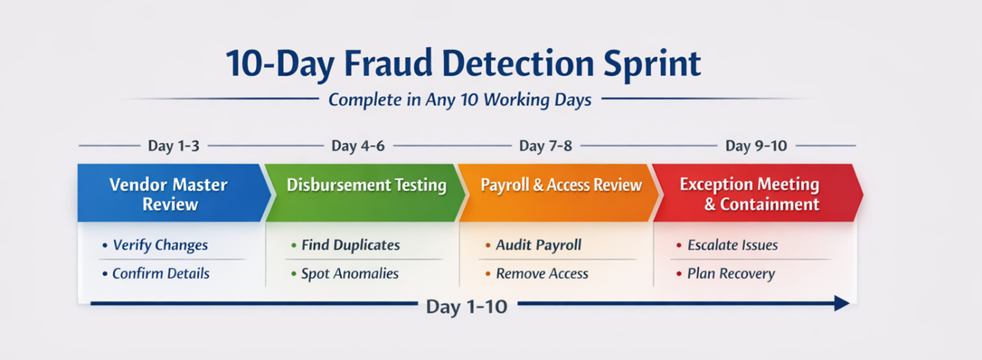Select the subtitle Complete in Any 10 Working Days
pyautogui.click(x=460, y=100)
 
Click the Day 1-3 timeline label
pyautogui.click(x=174, y=146)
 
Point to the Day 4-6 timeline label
pyautogui.click(x=358, y=146)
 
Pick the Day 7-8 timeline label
pyautogui.click(x=546, y=146)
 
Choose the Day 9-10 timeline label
pyautogui.click(x=756, y=146)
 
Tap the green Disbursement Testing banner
pyautogui.click(x=365, y=193)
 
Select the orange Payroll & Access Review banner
pyautogui.click(x=559, y=193)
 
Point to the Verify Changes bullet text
pyautogui.click(x=161, y=245)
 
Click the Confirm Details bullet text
pyautogui.click(x=161, y=273)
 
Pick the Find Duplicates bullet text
pyautogui.click(x=351, y=245)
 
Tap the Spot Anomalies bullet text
pyautogui.click(x=350, y=274)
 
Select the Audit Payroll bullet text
pyautogui.click(x=539, y=245)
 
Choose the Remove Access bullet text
pyautogui.click(x=543, y=273)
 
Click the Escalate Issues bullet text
pyautogui.click(x=733, y=245)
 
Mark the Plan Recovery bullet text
pyautogui.click(x=731, y=274)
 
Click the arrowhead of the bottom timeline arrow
pyautogui.click(x=842, y=303)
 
